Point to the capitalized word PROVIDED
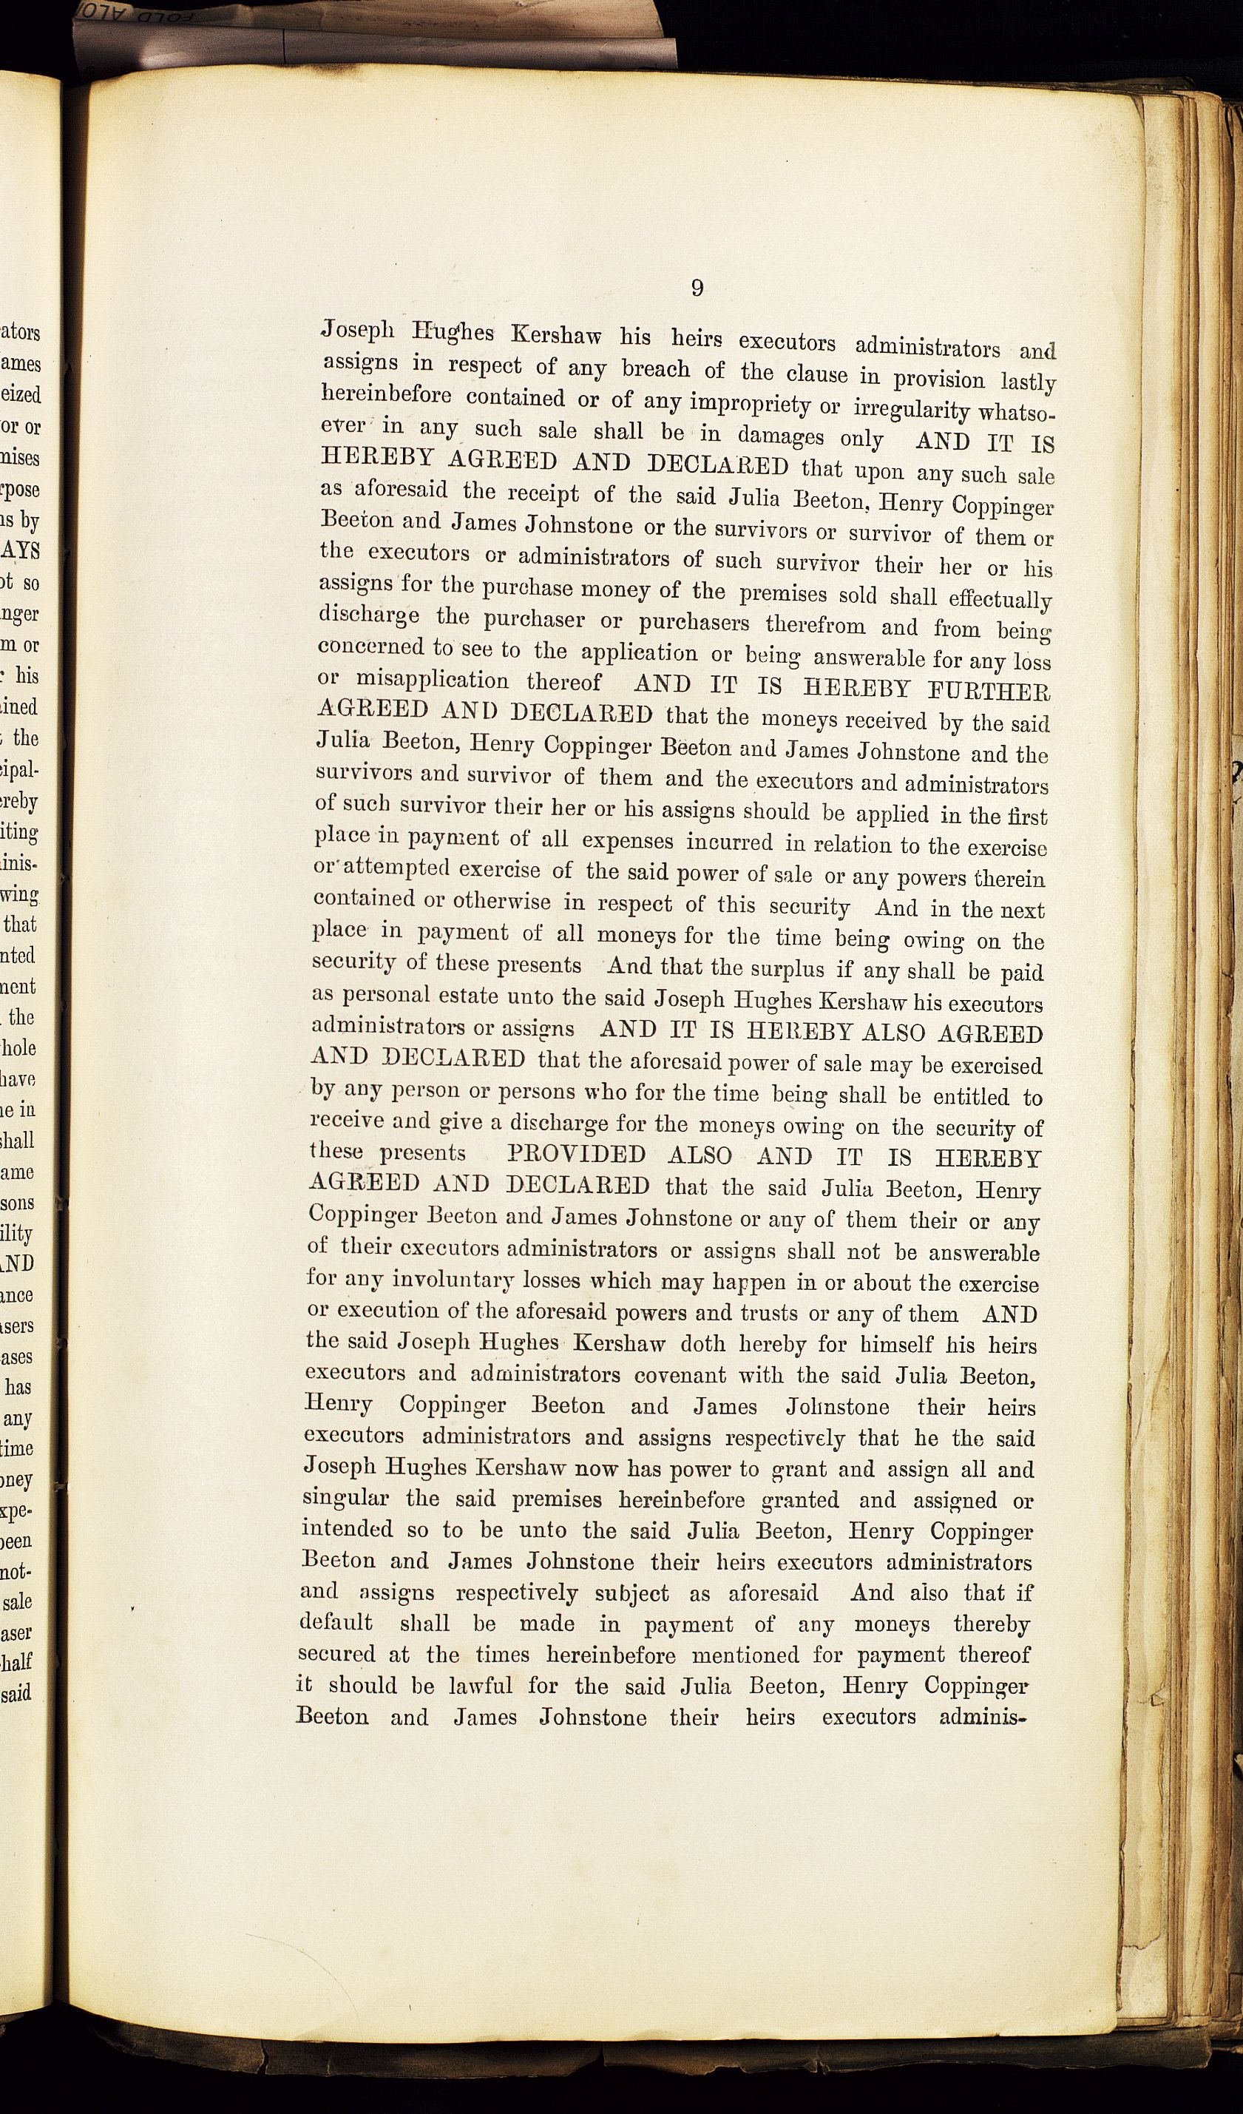point(577,1155)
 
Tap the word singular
point(345,1499)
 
